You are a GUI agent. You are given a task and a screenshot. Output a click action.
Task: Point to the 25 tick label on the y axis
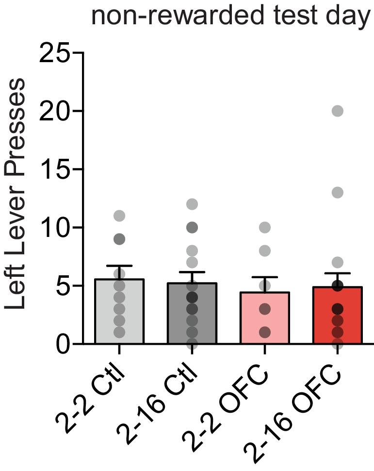pyautogui.click(x=54, y=53)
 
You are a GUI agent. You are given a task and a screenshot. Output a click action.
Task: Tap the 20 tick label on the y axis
pyautogui.click(x=54, y=111)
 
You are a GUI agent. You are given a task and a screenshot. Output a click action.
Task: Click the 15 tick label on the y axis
pyautogui.click(x=54, y=169)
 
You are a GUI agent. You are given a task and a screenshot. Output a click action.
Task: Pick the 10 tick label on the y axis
pyautogui.click(x=54, y=228)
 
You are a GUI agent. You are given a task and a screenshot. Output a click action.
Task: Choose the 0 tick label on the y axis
pyautogui.click(x=63, y=344)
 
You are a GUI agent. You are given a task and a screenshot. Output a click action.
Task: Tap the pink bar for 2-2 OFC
pyautogui.click(x=265, y=319)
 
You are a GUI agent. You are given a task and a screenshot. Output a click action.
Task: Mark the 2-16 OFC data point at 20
pyautogui.click(x=338, y=111)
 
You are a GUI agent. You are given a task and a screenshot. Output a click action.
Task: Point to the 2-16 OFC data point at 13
pyautogui.click(x=338, y=193)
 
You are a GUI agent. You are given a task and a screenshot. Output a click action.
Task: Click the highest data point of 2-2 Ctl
pyautogui.click(x=119, y=216)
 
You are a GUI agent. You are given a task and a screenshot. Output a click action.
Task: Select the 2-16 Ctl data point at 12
pyautogui.click(x=192, y=204)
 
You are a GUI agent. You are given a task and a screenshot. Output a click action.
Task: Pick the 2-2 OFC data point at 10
pyautogui.click(x=265, y=227)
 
